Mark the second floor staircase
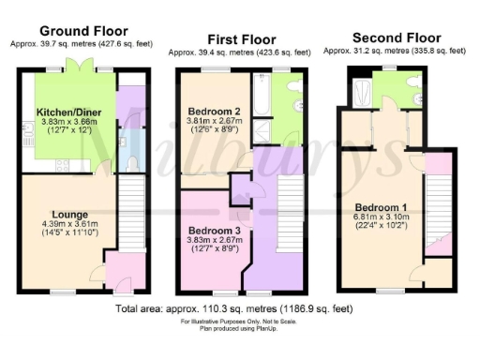(x=438, y=216)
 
